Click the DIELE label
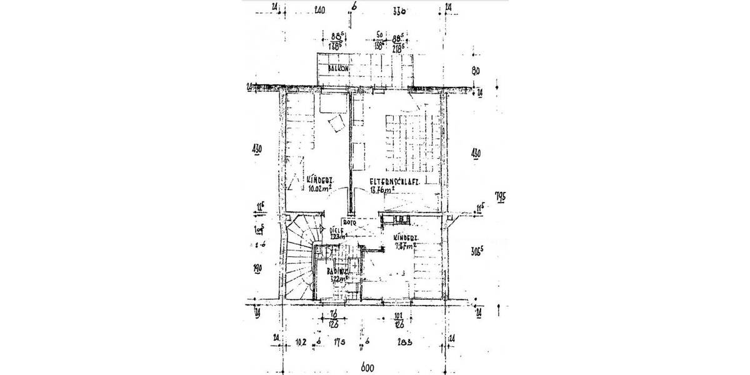coord(337,230)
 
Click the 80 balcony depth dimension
coord(475,71)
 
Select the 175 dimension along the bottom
coord(339,341)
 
